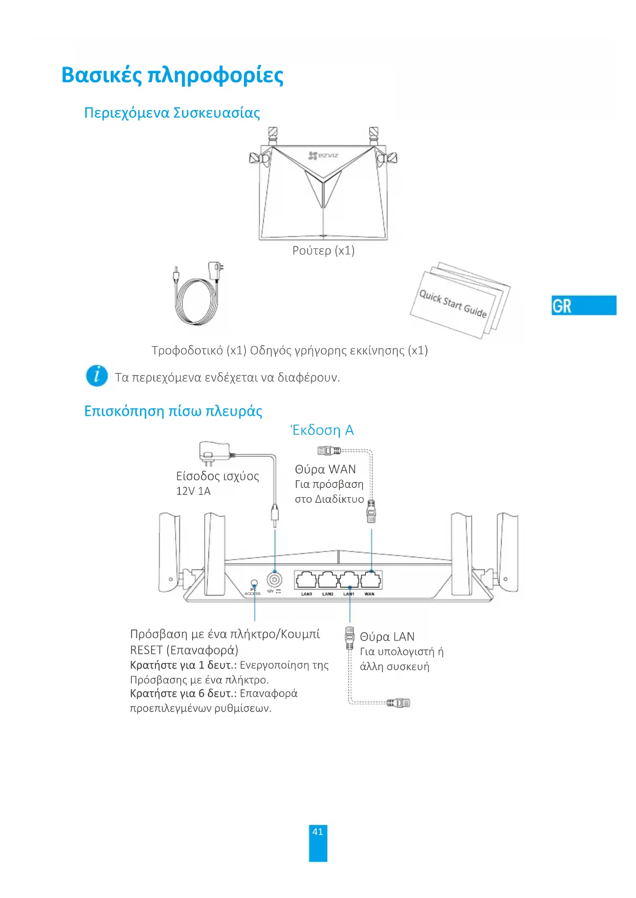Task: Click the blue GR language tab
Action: [x=583, y=305]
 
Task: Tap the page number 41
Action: [x=318, y=832]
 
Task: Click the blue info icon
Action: [x=97, y=376]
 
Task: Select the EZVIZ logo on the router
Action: [x=323, y=155]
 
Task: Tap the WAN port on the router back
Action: [x=371, y=580]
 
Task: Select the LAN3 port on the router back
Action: [x=306, y=580]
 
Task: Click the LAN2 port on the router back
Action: [x=327, y=580]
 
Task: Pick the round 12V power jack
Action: [x=275, y=580]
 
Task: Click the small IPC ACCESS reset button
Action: [x=254, y=583]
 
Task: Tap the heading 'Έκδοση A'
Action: [x=322, y=430]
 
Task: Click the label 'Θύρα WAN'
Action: [x=325, y=469]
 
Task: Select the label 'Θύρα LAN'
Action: [x=387, y=636]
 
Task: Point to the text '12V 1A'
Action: [x=193, y=491]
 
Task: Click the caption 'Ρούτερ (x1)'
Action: [x=323, y=250]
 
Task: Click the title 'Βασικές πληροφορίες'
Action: [x=172, y=75]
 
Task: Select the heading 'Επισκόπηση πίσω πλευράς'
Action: [x=173, y=411]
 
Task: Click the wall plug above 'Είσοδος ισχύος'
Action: [x=213, y=453]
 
